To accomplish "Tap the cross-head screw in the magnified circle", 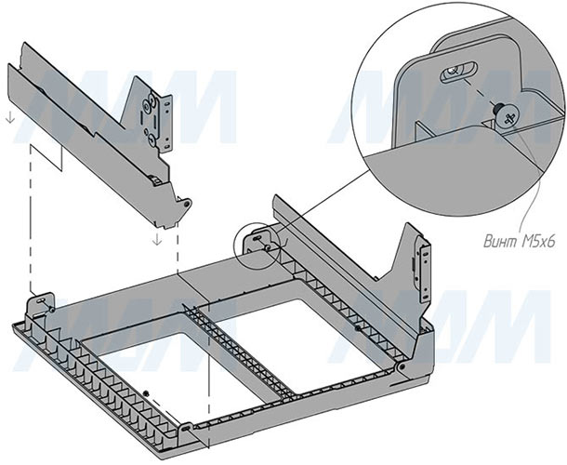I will pyautogui.click(x=508, y=114).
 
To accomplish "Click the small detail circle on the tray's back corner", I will pyautogui.click(x=259, y=241).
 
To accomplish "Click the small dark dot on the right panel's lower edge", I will pyautogui.click(x=358, y=327).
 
